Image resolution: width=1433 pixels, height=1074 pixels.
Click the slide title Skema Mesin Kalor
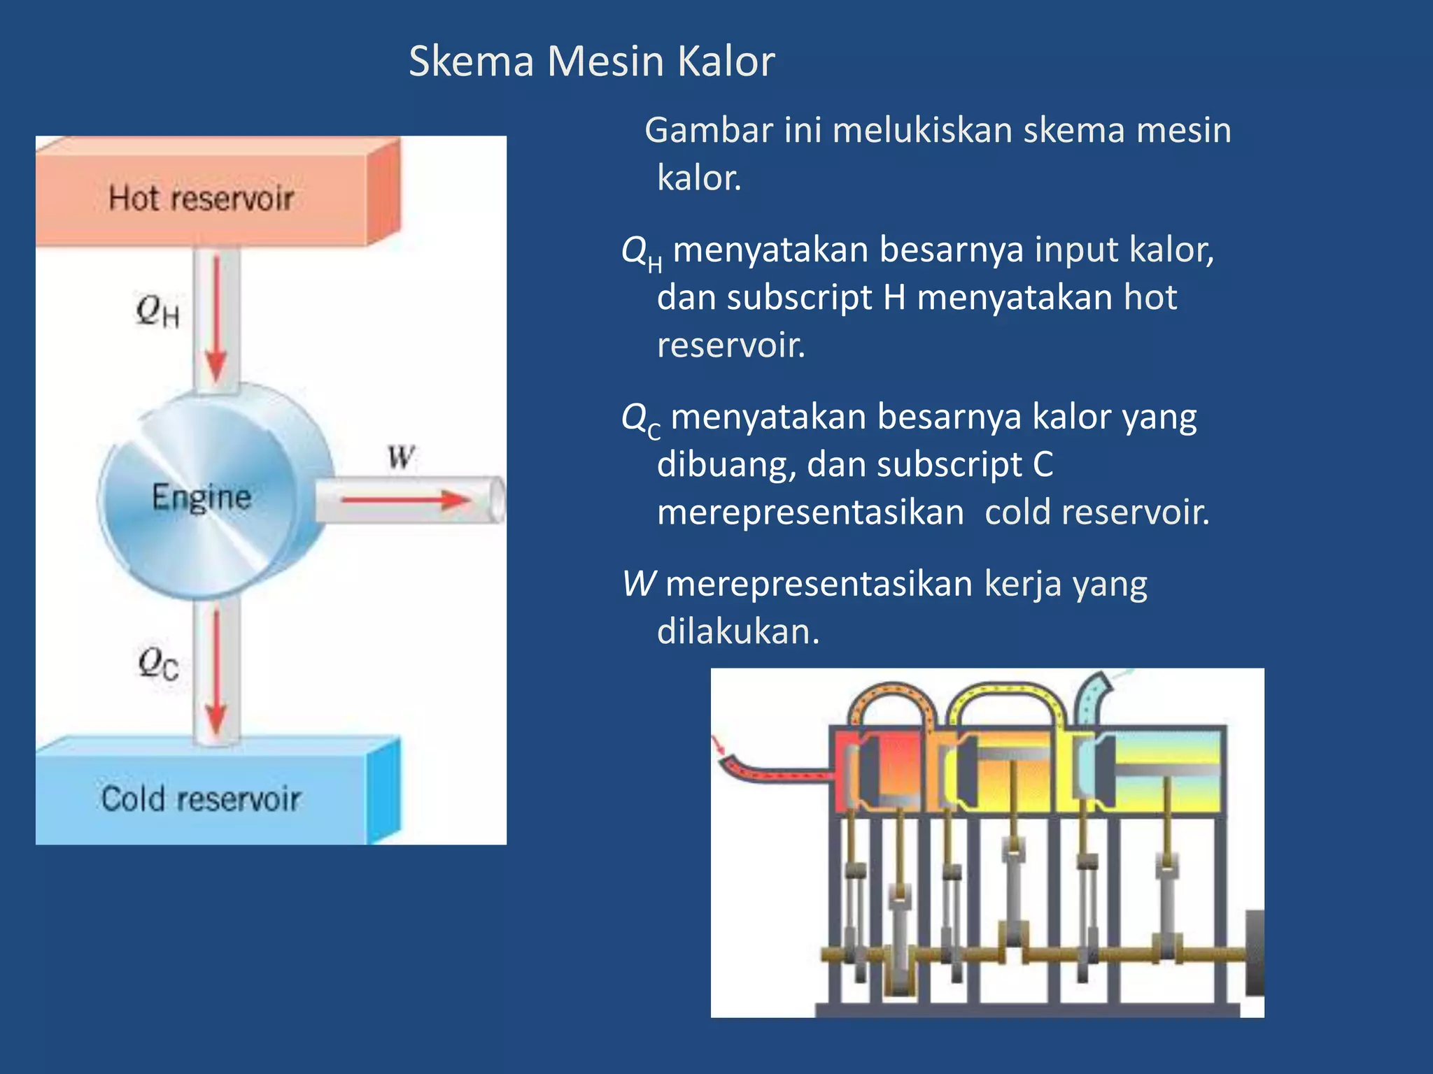coord(591,61)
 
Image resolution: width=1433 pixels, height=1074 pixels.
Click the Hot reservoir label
coord(201,198)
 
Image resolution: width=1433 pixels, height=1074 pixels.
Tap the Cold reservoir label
coord(201,799)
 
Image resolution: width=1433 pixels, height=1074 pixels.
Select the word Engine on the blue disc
coord(202,497)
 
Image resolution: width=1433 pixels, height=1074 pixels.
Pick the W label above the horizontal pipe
coord(402,457)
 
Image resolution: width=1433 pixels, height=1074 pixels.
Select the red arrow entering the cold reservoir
coord(216,671)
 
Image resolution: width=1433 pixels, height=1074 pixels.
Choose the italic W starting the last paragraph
coord(639,584)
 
